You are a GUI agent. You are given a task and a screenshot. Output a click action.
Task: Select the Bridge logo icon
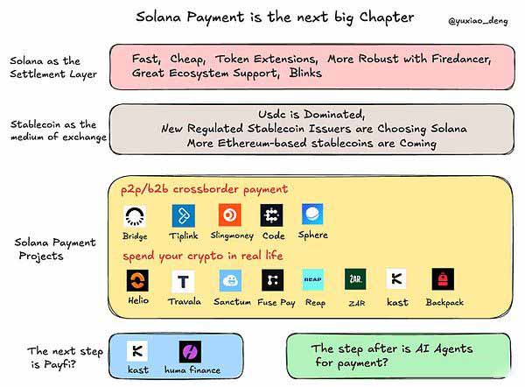coord(136,215)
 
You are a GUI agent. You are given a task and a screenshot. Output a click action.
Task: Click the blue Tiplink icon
coord(183,215)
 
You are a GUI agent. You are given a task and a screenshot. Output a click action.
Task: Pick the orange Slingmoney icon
coord(229,215)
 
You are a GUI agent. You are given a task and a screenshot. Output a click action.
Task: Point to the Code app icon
coord(271,215)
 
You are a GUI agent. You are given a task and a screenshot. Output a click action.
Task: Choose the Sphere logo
coord(312,215)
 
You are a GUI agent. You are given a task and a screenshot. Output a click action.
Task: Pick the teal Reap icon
coord(314,280)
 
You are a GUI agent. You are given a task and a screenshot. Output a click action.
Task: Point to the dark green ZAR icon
coord(354,280)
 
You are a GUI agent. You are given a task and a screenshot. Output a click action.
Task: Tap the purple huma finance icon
coord(190,352)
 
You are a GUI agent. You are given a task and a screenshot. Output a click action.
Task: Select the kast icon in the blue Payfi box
coord(137,352)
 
